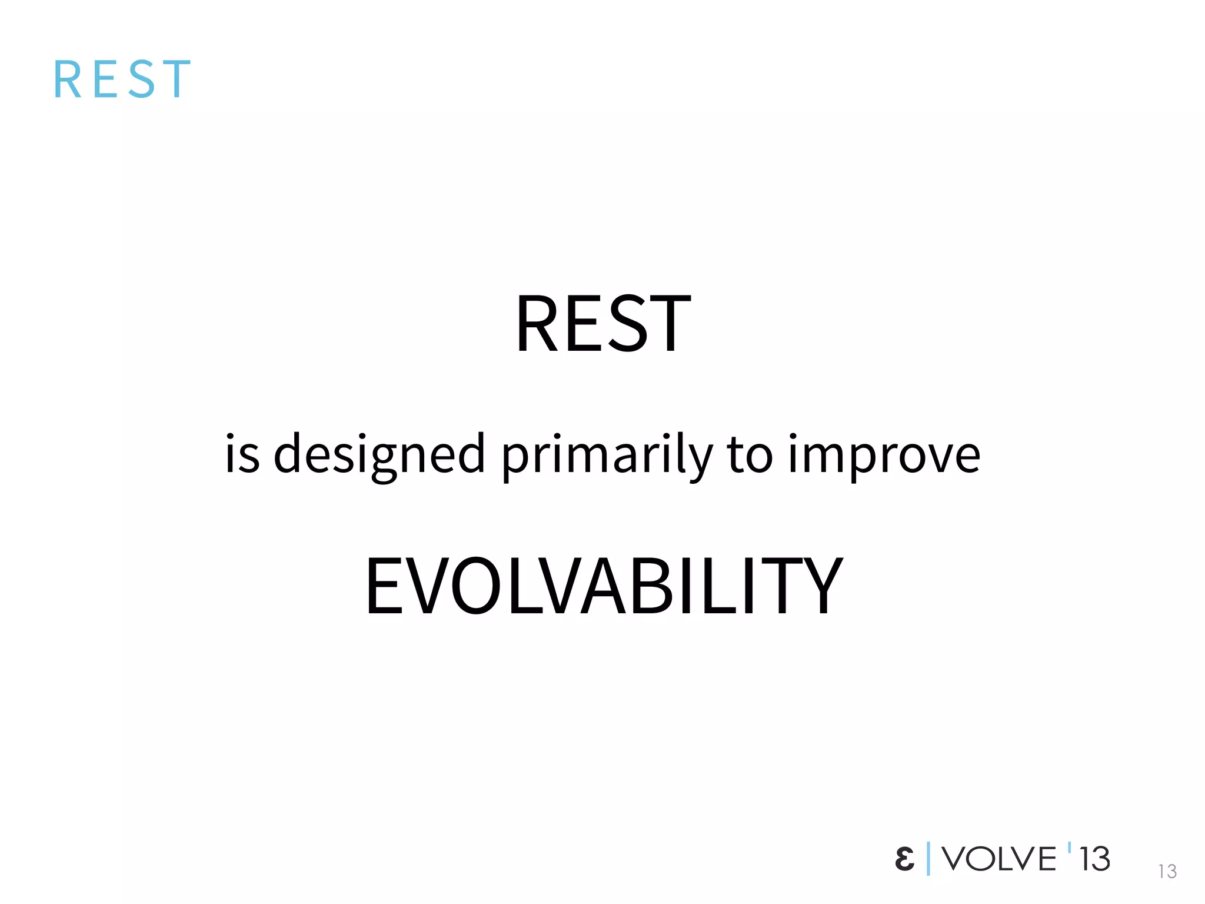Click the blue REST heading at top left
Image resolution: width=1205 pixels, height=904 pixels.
point(122,79)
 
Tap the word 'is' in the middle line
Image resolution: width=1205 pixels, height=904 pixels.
point(242,454)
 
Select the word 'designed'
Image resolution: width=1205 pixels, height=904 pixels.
point(380,454)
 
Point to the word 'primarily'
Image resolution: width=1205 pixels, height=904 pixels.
point(607,454)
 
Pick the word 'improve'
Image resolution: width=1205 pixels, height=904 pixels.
point(884,454)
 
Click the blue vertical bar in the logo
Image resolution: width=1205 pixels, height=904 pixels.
point(928,859)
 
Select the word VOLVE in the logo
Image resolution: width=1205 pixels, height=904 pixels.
point(998,859)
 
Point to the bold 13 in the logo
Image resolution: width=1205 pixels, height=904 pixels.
point(1094,859)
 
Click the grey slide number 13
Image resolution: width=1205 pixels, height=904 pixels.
point(1167,871)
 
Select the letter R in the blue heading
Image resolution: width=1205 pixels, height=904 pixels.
point(66,79)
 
